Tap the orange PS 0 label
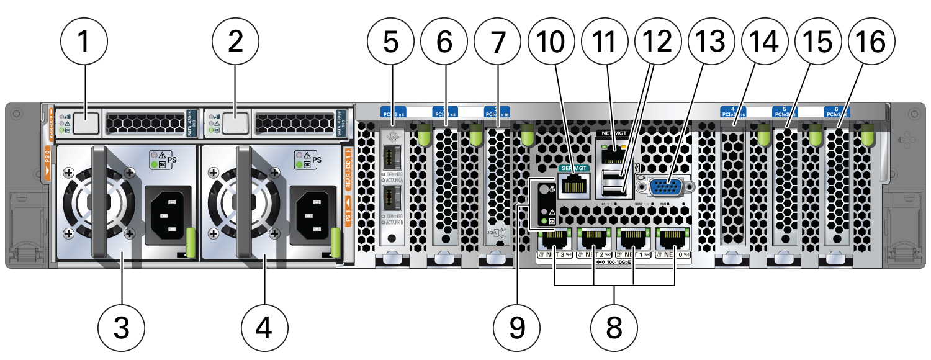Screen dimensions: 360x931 (x=47, y=164)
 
